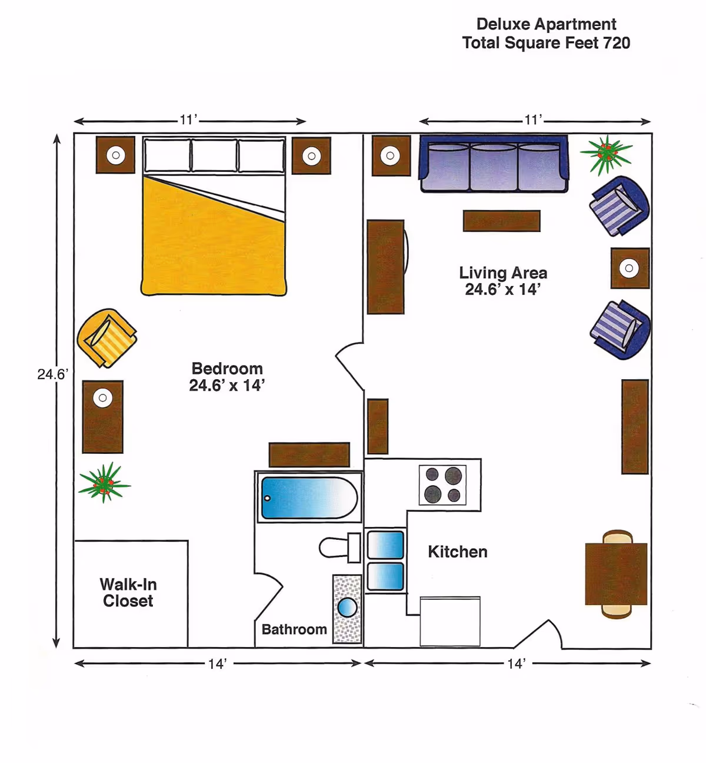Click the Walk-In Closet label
pos(128,592)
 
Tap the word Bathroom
pos(294,629)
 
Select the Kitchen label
pos(458,552)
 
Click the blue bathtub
pos(309,498)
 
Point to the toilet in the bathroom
pos(339,548)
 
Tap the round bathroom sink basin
pos(347,608)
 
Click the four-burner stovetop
pos(442,485)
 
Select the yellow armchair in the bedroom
pos(107,338)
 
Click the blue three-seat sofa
pos(494,164)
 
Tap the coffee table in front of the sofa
pos(502,221)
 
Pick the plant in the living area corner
pos(607,154)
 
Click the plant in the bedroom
pos(104,483)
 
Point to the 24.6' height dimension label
pos(52,374)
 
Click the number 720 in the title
pos(617,42)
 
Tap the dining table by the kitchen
pos(616,574)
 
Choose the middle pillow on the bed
pos(214,155)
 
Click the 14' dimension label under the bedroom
pos(218,664)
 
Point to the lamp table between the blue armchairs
pos(630,268)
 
